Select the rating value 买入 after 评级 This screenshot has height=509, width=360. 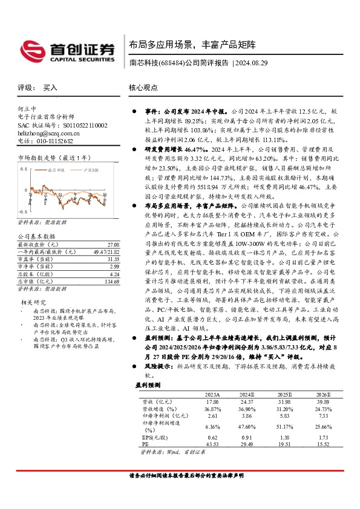pyautogui.click(x=50, y=88)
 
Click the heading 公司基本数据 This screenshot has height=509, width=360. pyautogui.click(x=36, y=236)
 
